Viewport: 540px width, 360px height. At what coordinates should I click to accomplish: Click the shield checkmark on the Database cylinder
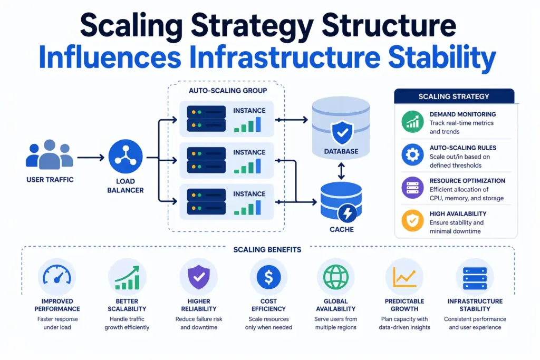tap(341, 133)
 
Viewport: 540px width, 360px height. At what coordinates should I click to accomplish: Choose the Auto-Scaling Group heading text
tap(227, 91)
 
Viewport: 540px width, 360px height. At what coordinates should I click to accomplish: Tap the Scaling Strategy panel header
tap(454, 96)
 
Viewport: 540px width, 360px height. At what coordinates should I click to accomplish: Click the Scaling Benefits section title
tap(267, 249)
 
